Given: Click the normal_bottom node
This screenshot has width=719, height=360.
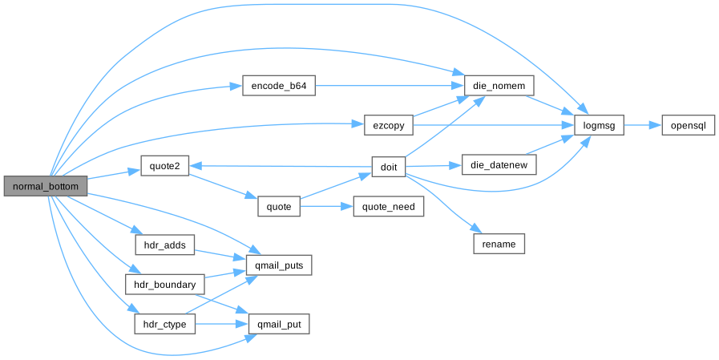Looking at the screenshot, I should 45,186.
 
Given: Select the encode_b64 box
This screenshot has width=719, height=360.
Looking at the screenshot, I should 278,86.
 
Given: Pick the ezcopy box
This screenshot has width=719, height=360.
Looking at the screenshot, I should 389,125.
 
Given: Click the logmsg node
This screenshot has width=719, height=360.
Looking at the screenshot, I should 599,125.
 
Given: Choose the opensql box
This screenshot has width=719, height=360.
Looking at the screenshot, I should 688,125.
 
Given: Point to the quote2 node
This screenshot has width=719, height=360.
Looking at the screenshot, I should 164,166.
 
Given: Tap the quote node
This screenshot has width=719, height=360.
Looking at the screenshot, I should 278,206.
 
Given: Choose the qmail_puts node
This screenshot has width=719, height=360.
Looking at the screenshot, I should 278,264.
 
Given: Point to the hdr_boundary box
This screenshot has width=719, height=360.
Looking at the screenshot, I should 164,284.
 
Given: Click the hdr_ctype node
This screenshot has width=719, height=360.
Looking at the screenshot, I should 164,324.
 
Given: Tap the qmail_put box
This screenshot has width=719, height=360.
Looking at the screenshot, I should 278,324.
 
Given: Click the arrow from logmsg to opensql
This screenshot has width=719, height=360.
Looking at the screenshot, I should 641,125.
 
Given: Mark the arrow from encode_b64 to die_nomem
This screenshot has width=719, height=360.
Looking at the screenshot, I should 389,86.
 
